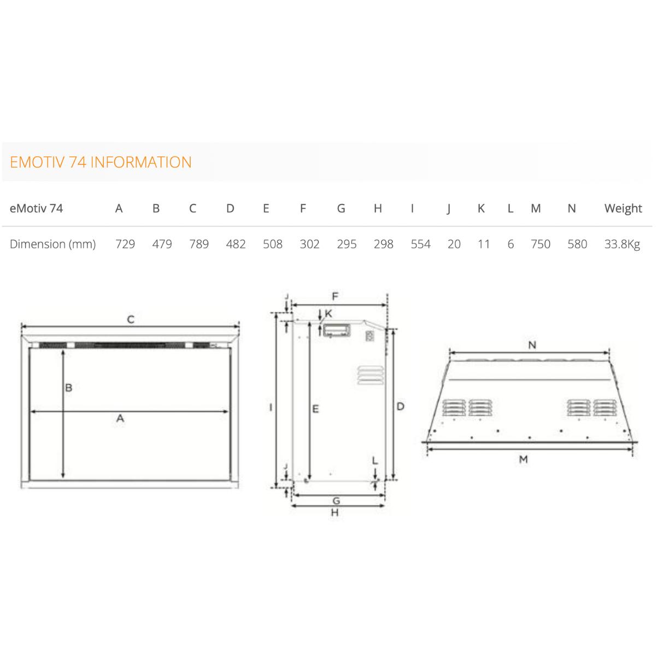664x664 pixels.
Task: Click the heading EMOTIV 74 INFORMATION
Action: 101,162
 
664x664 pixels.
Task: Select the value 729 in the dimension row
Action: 125,244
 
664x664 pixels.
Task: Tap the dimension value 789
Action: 199,244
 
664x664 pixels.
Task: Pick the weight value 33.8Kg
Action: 622,244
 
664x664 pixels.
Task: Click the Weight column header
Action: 623,208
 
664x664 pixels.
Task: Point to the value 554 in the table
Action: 420,244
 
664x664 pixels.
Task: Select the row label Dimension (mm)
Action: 52,244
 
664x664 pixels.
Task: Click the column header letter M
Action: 536,208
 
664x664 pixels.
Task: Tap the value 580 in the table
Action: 577,244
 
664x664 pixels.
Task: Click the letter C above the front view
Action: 131,319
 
